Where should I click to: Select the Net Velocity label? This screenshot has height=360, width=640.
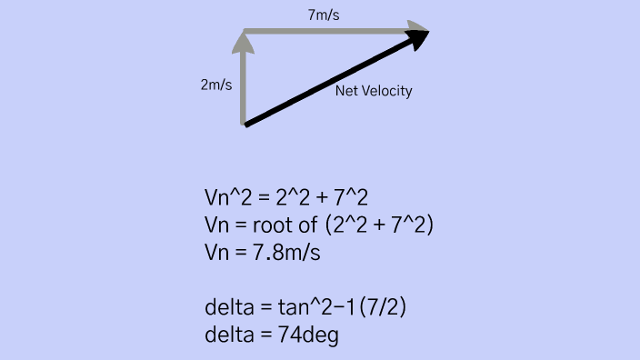[x=374, y=91]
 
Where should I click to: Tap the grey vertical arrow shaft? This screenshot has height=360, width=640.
[x=244, y=86]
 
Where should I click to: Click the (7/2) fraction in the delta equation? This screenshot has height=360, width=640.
[x=383, y=308]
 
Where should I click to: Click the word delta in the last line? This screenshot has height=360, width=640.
[x=229, y=335]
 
